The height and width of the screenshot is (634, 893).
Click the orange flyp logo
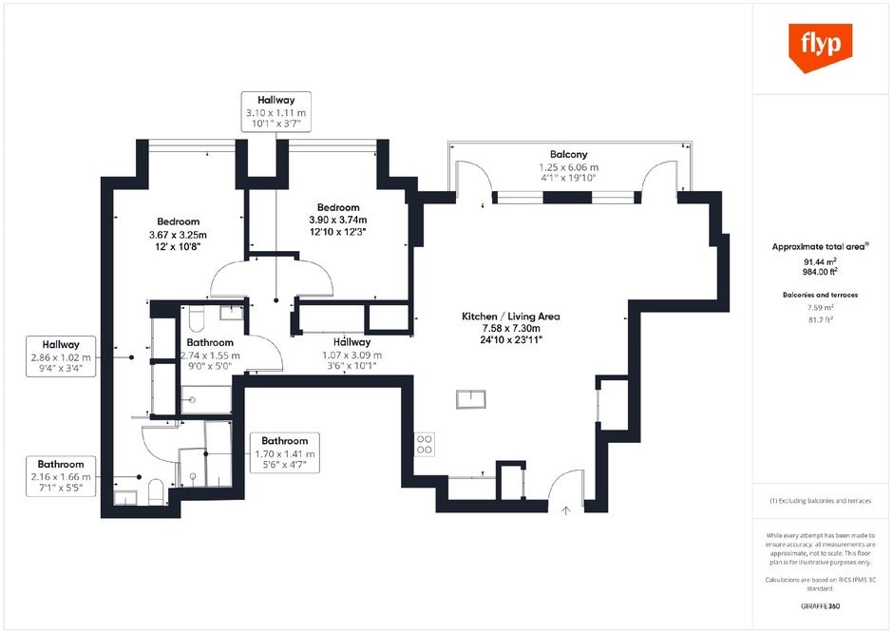(x=820, y=48)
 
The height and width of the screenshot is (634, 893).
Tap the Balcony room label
(x=568, y=154)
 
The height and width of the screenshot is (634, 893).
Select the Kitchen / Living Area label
(x=511, y=317)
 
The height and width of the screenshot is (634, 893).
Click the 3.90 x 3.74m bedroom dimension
(x=337, y=220)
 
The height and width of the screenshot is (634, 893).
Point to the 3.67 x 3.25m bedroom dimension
(x=178, y=235)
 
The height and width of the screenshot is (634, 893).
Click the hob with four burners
(x=425, y=444)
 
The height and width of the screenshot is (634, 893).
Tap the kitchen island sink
(x=471, y=398)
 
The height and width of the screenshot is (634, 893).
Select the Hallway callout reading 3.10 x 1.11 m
(x=276, y=111)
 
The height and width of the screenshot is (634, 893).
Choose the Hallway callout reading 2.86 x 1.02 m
(x=61, y=356)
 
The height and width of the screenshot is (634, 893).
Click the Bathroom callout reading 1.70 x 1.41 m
(x=285, y=452)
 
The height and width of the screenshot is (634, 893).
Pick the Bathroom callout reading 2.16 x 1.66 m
(x=61, y=476)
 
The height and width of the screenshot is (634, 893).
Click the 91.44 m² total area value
(x=820, y=262)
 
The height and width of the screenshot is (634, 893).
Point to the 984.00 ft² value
(x=820, y=272)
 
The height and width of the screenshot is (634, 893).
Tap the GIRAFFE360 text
(x=820, y=606)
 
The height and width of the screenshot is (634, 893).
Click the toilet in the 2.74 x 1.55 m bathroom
(x=196, y=319)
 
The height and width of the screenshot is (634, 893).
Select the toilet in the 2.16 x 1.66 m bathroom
(x=156, y=492)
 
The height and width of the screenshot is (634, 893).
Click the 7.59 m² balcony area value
(x=820, y=308)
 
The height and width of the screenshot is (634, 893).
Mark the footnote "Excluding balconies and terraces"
(x=820, y=501)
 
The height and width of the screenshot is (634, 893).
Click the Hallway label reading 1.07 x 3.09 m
(x=351, y=355)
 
